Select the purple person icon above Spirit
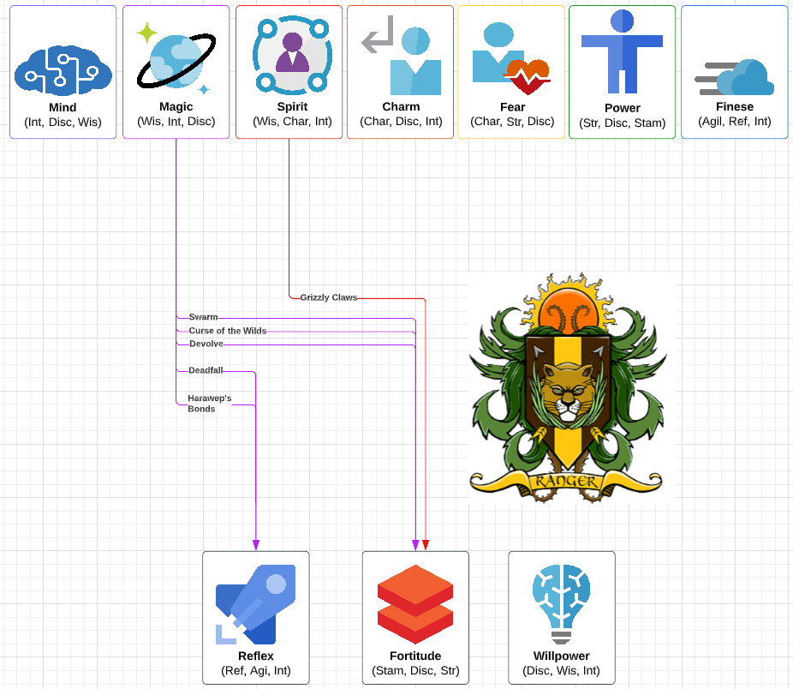pos(292,52)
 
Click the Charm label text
pos(401,107)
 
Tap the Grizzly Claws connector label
pos(328,297)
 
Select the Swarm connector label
pos(203,317)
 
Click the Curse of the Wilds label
pos(227,331)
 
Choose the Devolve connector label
pos(206,344)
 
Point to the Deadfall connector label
pos(206,370)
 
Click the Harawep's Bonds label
pos(209,404)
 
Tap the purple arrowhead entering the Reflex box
pos(256,545)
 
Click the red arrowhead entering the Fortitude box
pos(426,545)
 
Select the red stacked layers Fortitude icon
pos(415,603)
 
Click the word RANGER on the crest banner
pos(565,481)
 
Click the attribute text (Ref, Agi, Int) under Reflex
pos(256,670)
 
